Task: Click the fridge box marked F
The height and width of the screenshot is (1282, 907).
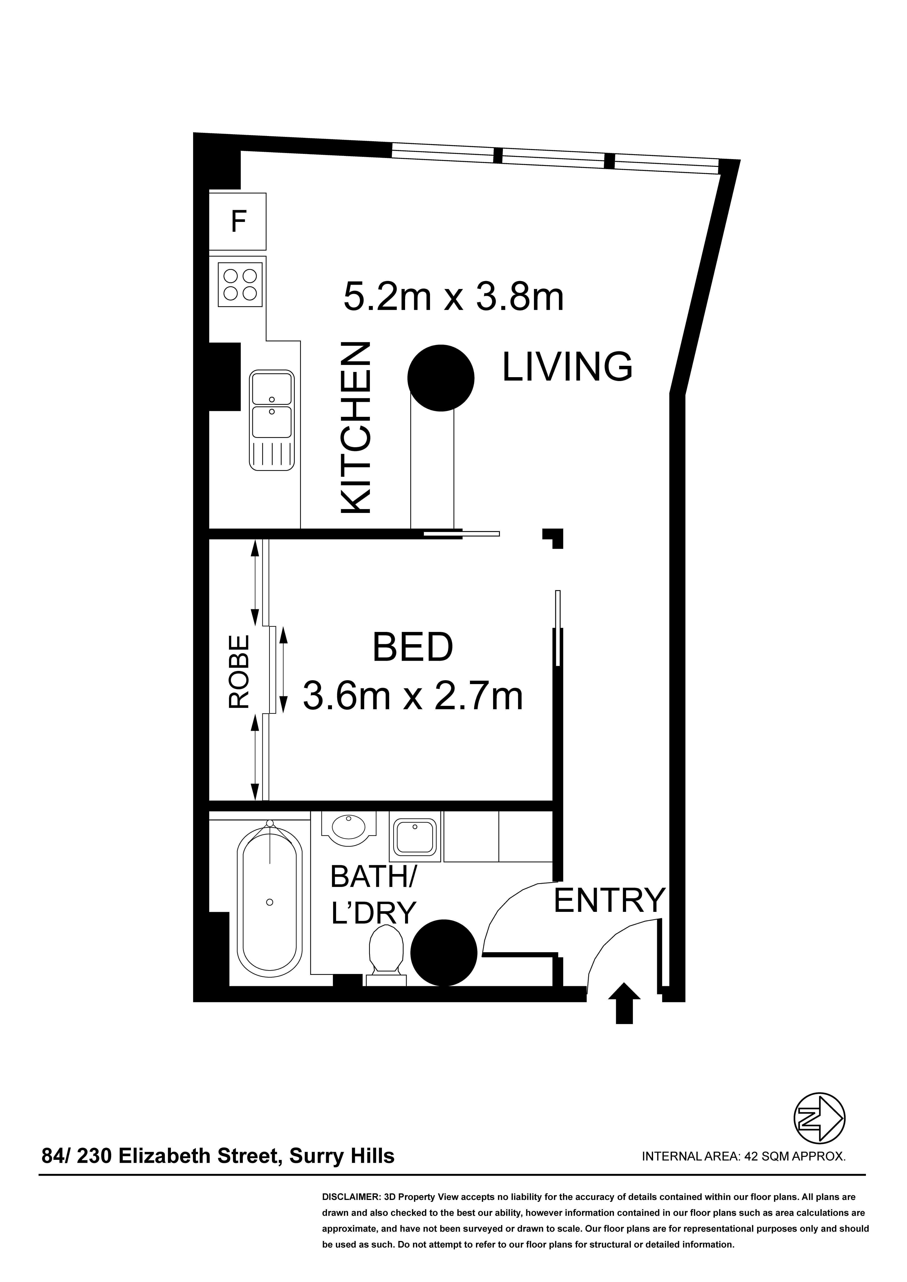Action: (x=238, y=222)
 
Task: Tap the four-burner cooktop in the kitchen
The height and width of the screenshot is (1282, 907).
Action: (x=240, y=285)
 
